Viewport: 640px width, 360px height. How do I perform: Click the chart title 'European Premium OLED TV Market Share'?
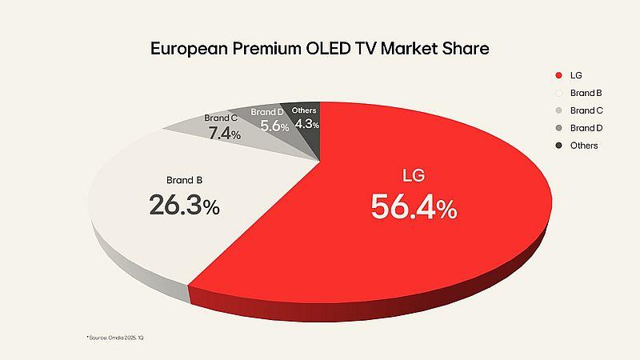[x=320, y=48]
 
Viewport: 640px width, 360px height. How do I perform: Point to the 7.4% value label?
[x=225, y=134]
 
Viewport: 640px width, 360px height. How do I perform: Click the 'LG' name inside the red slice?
[x=413, y=176]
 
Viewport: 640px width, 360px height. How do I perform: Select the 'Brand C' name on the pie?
[x=221, y=118]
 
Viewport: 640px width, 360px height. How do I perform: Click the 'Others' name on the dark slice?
[x=305, y=110]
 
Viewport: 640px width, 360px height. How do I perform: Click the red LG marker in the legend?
[x=557, y=76]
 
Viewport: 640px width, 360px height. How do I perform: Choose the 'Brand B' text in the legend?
[x=586, y=93]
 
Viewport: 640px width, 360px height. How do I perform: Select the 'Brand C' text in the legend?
[x=586, y=110]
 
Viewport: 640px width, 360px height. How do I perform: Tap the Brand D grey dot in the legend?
[x=557, y=128]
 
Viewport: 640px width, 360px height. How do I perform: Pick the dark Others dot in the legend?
[x=557, y=146]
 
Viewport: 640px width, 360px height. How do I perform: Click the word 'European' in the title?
[x=186, y=48]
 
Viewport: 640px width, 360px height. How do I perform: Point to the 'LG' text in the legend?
[x=576, y=76]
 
